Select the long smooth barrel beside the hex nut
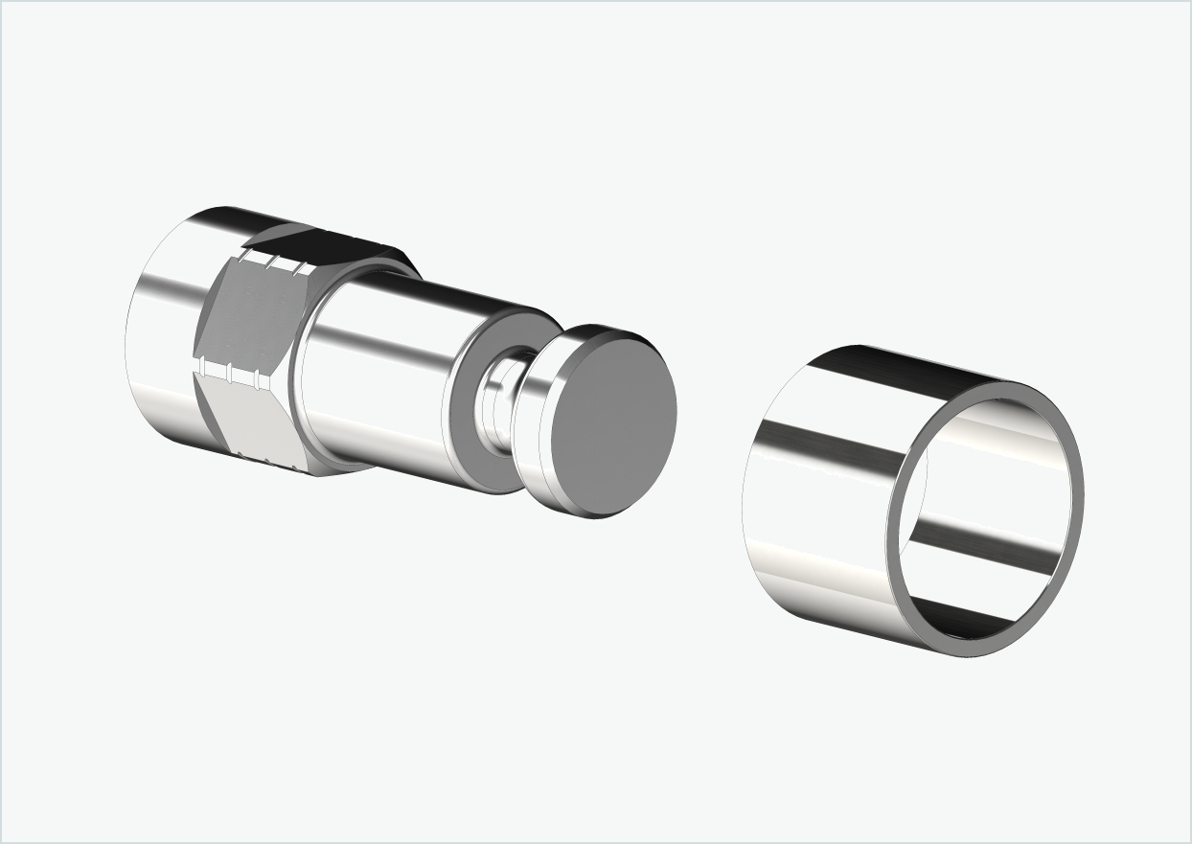pos(383,374)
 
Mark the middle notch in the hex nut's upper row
pos(272,262)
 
